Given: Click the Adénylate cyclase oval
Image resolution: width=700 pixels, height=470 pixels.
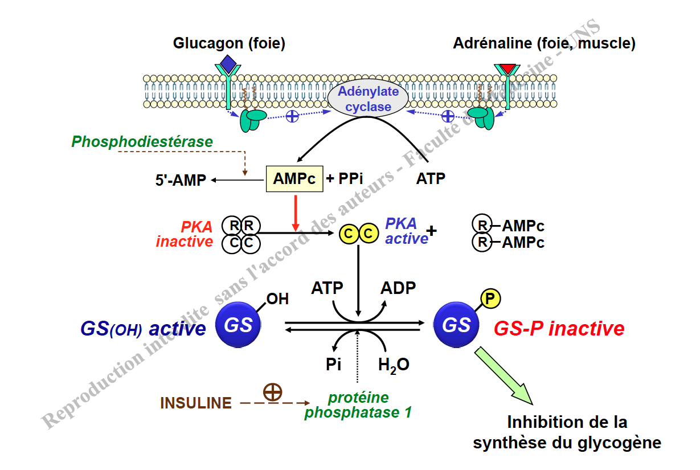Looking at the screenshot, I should [368, 98].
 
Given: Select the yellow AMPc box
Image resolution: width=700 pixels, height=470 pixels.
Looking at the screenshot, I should [294, 179].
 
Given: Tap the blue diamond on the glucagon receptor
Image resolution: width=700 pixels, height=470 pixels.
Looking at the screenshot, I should [228, 63].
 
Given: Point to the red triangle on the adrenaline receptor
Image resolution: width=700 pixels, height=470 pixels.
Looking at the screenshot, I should [506, 69].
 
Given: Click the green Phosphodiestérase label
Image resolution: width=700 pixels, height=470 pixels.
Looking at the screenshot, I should [142, 142].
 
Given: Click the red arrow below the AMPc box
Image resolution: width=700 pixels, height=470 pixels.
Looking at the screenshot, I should [295, 214].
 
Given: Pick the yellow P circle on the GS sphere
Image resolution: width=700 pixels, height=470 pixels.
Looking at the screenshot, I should [490, 298].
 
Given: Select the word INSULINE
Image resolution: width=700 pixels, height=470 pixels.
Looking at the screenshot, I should [196, 403].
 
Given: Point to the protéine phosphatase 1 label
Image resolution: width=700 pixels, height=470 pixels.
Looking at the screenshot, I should [358, 405].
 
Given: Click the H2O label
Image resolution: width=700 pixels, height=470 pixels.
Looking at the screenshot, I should [394, 365].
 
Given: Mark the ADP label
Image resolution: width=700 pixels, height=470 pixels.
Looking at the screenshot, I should [398, 288].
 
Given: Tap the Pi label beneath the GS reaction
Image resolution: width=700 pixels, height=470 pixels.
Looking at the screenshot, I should [334, 365].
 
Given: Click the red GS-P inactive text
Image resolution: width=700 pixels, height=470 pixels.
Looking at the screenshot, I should [559, 329].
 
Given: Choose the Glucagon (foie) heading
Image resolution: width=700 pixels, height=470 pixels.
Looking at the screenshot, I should [229, 43].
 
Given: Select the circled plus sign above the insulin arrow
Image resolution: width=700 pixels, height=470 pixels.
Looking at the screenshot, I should [273, 391].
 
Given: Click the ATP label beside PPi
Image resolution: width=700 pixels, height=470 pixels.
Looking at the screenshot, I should [431, 179].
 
